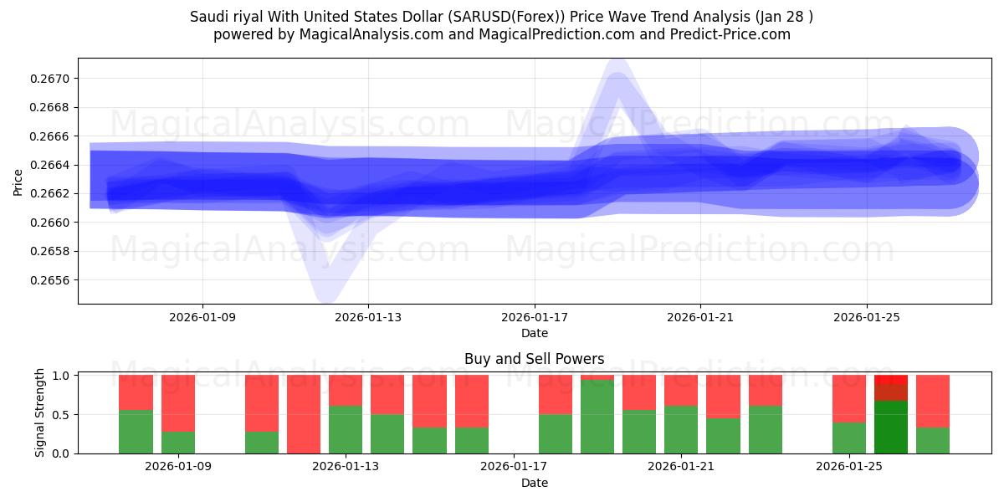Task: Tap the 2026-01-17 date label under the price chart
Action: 535,318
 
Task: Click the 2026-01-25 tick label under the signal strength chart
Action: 849,467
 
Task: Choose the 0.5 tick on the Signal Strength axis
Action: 63,415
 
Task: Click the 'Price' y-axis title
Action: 18,182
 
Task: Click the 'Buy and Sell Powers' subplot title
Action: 535,359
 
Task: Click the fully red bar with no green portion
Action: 304,414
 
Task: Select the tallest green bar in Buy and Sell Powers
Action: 597,417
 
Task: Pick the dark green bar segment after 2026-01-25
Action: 891,427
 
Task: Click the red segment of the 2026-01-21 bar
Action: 681,390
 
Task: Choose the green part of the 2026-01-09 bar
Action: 178,442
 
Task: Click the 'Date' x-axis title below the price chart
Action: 535,333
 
